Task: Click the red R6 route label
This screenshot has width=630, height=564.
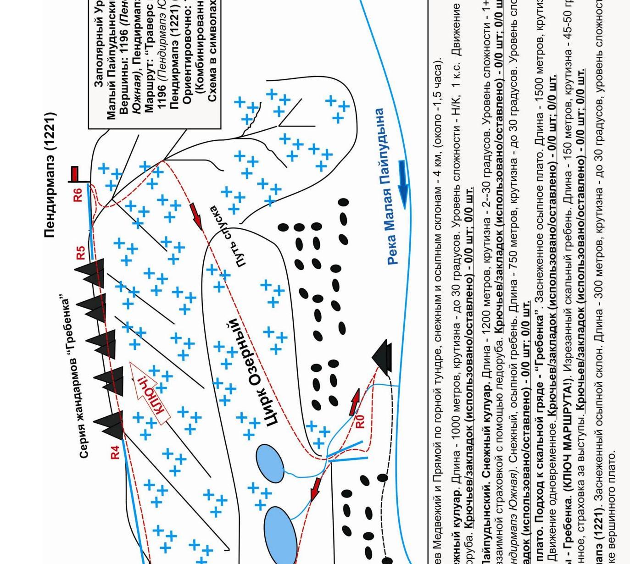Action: [78, 194]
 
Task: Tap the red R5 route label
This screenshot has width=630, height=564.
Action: [81, 253]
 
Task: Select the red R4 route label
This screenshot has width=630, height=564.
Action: [115, 452]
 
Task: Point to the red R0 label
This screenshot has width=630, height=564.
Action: [360, 421]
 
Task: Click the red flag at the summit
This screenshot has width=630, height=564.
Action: [75, 174]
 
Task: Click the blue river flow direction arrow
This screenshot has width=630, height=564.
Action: [403, 183]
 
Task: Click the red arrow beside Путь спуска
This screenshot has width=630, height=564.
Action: [196, 216]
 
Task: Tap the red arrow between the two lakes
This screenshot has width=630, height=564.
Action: [316, 488]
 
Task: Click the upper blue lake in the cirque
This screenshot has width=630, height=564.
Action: [269, 463]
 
